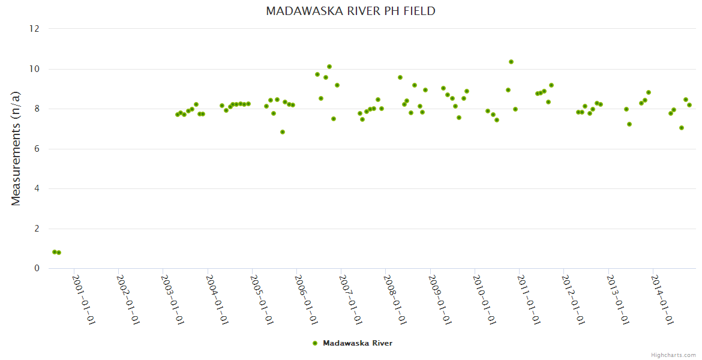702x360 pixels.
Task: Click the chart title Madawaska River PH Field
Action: pyautogui.click(x=350, y=11)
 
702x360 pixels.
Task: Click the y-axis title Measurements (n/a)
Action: pyautogui.click(x=16, y=148)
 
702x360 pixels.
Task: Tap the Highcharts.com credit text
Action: pyautogui.click(x=673, y=355)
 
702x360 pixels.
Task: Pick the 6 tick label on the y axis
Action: pyautogui.click(x=37, y=149)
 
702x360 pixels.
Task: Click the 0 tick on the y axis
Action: pyautogui.click(x=37, y=269)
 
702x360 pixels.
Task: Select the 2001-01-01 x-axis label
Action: pyautogui.click(x=84, y=299)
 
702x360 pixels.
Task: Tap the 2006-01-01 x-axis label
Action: pyautogui.click(x=307, y=299)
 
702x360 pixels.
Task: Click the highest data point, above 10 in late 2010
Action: pyautogui.click(x=511, y=62)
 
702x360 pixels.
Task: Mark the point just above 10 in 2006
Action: pyautogui.click(x=329, y=67)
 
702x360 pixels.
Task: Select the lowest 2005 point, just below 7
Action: pyautogui.click(x=283, y=132)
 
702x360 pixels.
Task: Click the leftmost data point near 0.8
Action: pyautogui.click(x=55, y=252)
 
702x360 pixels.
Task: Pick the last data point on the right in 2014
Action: pyautogui.click(x=689, y=105)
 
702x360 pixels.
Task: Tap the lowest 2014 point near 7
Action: pyautogui.click(x=682, y=128)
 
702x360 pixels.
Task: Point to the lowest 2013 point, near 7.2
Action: pyautogui.click(x=629, y=124)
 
